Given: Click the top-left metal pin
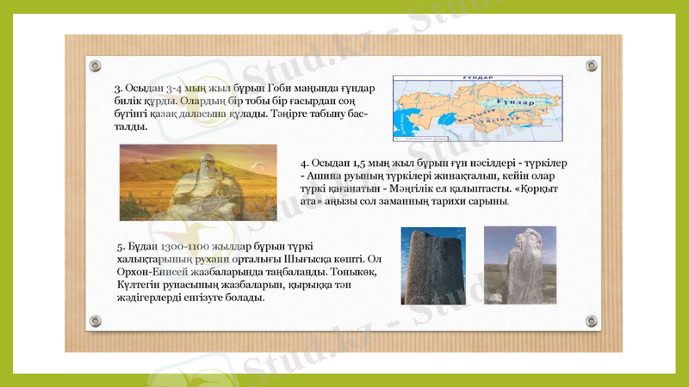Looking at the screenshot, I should click(96, 66).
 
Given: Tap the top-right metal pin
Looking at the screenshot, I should click(592, 66).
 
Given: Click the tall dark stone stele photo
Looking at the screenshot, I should click(433, 266).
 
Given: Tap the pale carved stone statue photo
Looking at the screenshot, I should click(520, 265).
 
